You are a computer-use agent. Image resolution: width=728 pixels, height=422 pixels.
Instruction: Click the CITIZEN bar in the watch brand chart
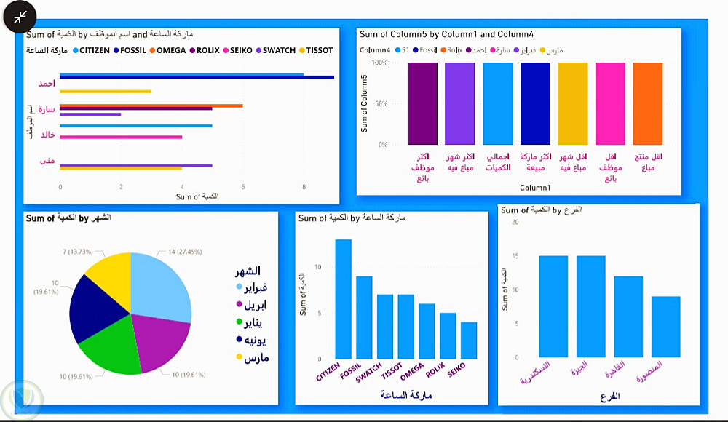343,298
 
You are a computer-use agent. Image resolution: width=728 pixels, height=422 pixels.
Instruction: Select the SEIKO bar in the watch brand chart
469,341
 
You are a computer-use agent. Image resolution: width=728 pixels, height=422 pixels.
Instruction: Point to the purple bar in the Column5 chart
422,103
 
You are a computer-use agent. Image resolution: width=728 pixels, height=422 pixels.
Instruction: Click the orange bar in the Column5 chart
647,103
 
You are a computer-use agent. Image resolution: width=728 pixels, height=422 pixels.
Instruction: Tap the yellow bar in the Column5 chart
572,103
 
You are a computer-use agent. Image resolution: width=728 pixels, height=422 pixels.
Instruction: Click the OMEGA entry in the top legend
170,51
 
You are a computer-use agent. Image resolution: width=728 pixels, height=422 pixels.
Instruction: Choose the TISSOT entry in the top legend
319,51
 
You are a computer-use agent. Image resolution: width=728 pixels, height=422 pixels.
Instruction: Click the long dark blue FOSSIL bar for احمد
197,77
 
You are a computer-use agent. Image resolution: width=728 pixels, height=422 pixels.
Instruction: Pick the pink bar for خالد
121,137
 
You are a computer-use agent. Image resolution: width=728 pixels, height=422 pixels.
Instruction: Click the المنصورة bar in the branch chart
665,327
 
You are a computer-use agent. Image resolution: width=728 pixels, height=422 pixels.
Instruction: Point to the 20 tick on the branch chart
514,222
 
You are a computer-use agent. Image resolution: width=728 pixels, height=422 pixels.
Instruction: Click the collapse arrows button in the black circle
20,16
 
